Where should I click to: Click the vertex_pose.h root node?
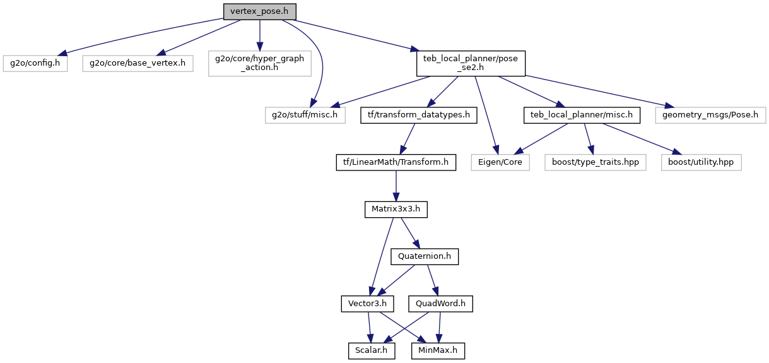(x=259, y=11)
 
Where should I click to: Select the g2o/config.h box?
(x=35, y=63)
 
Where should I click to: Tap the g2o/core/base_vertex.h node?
(x=137, y=63)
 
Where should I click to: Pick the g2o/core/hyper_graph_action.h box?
(x=259, y=63)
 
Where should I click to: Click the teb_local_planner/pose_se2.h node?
(x=470, y=63)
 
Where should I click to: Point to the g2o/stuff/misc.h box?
(x=305, y=115)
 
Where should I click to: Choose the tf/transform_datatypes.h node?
(x=419, y=115)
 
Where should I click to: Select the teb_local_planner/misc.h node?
(x=582, y=115)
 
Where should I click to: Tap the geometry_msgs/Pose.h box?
(x=710, y=115)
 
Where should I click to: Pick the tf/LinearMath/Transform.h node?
(x=396, y=162)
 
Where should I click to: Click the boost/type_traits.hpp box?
(x=594, y=162)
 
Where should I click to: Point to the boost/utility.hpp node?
(x=701, y=162)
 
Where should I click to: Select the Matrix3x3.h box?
(x=396, y=210)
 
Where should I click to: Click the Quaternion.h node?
(x=425, y=257)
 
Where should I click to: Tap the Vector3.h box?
(x=368, y=304)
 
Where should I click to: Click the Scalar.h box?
(x=372, y=350)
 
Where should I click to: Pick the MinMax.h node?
(x=438, y=350)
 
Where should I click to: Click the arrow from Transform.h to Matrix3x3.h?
(x=396, y=186)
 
